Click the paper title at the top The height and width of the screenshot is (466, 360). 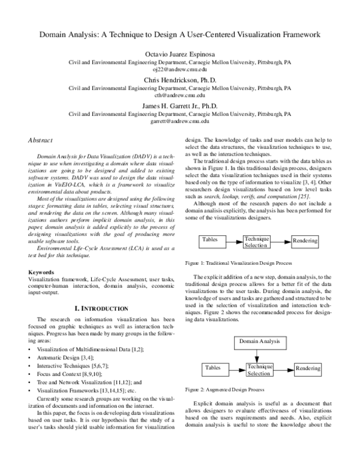(x=180, y=35)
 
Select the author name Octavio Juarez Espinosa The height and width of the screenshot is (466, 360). (x=180, y=54)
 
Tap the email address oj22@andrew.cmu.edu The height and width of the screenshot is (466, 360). (x=180, y=70)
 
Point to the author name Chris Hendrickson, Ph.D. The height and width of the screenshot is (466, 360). (x=180, y=80)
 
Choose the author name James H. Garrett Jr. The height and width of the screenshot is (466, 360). (x=180, y=105)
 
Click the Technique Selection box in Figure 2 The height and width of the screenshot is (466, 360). (x=259, y=370)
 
